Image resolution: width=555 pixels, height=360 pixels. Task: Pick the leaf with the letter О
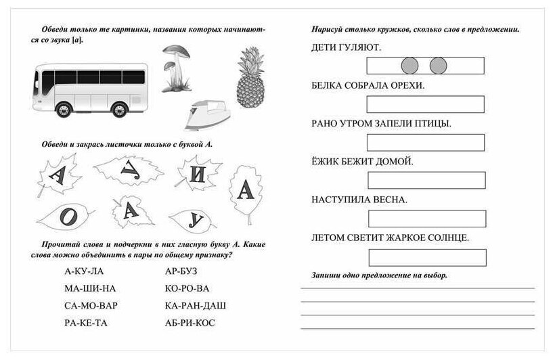click(x=65, y=216)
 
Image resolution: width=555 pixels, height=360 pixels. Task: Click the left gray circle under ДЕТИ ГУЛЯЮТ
click(x=409, y=66)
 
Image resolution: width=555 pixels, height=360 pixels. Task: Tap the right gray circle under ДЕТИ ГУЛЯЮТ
click(x=439, y=66)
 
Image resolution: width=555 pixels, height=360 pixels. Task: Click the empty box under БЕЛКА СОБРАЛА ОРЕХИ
click(x=426, y=104)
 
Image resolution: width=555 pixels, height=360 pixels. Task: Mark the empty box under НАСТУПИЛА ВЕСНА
click(x=427, y=219)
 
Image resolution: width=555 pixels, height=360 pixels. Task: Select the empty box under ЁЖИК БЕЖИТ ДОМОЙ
click(x=426, y=180)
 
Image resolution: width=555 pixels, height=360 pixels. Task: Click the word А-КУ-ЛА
click(x=85, y=271)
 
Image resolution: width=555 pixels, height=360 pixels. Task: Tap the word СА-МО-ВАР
click(x=91, y=306)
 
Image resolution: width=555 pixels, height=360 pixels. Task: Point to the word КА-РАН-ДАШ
click(x=196, y=306)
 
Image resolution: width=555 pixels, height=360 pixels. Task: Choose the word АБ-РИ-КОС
click(x=190, y=323)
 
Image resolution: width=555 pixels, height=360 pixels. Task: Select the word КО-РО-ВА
click(x=187, y=289)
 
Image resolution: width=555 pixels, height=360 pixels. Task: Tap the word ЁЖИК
click(x=327, y=162)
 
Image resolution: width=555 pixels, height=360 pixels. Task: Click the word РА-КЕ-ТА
click(x=86, y=323)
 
